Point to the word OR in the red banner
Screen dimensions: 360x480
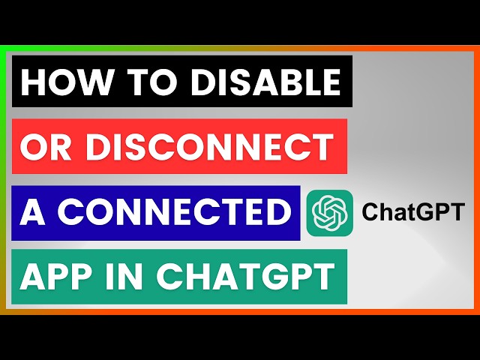point(44,146)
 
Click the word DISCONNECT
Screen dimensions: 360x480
point(209,146)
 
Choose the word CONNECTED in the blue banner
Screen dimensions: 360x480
point(173,213)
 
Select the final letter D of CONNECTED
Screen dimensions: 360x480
point(277,213)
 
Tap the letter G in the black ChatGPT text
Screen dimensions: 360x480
point(424,212)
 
